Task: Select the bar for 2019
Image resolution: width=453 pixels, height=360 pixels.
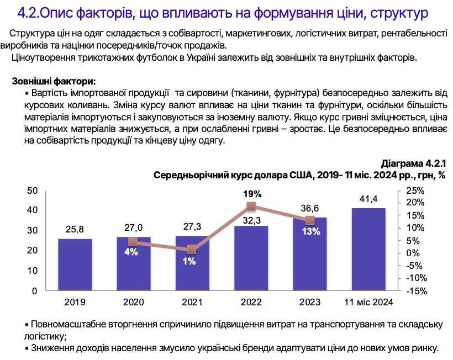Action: (75, 264)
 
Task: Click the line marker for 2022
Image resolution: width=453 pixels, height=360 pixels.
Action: (251, 207)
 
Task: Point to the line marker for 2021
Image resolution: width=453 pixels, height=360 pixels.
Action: (192, 249)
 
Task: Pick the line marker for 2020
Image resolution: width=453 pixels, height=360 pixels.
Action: (133, 241)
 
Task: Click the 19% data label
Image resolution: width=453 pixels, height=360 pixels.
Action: (251, 194)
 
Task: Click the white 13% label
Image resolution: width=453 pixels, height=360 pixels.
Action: (310, 231)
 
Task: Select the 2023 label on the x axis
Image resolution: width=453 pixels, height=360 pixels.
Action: (310, 302)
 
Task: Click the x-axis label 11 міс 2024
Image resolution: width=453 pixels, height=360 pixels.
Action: (368, 302)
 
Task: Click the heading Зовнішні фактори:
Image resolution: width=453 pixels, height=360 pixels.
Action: (54, 82)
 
